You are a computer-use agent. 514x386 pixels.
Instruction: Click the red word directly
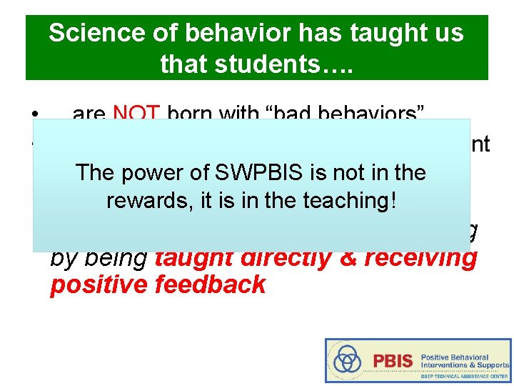click(x=283, y=257)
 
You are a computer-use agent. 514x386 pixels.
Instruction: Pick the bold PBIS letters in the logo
click(x=393, y=361)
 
